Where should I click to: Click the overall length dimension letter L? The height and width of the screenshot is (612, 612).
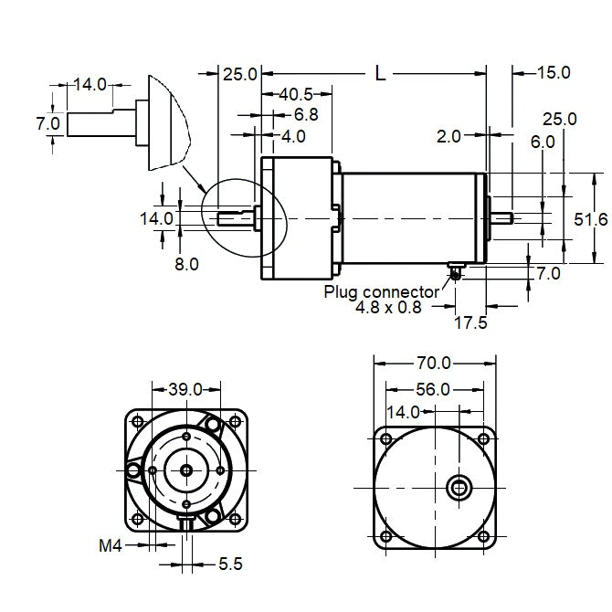[380, 74]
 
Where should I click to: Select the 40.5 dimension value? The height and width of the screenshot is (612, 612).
[296, 94]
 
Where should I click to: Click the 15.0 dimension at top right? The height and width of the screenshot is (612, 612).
[554, 72]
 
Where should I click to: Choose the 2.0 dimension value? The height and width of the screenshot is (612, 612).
[448, 136]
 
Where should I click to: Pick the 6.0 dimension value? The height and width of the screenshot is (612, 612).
[542, 142]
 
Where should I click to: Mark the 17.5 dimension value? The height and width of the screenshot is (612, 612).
[471, 322]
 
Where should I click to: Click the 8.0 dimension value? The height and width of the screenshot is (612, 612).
[186, 264]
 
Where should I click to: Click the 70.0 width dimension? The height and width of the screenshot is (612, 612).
[435, 364]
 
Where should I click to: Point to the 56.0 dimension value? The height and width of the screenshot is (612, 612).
[435, 388]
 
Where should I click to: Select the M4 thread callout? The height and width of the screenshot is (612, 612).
[111, 546]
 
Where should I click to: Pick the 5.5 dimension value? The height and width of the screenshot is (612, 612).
[229, 565]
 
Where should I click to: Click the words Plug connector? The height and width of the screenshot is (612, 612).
[382, 291]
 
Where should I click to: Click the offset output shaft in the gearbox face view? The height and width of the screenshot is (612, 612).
[459, 487]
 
